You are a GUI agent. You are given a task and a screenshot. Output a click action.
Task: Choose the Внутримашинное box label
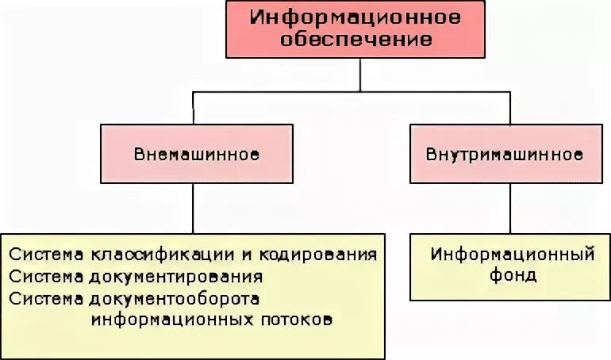[x=509, y=154]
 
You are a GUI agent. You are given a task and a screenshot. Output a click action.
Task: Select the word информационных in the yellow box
[x=179, y=320]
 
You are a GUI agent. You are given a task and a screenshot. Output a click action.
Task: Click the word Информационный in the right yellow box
[x=513, y=255]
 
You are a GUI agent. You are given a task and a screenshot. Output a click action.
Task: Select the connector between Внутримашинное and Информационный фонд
[x=509, y=208]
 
